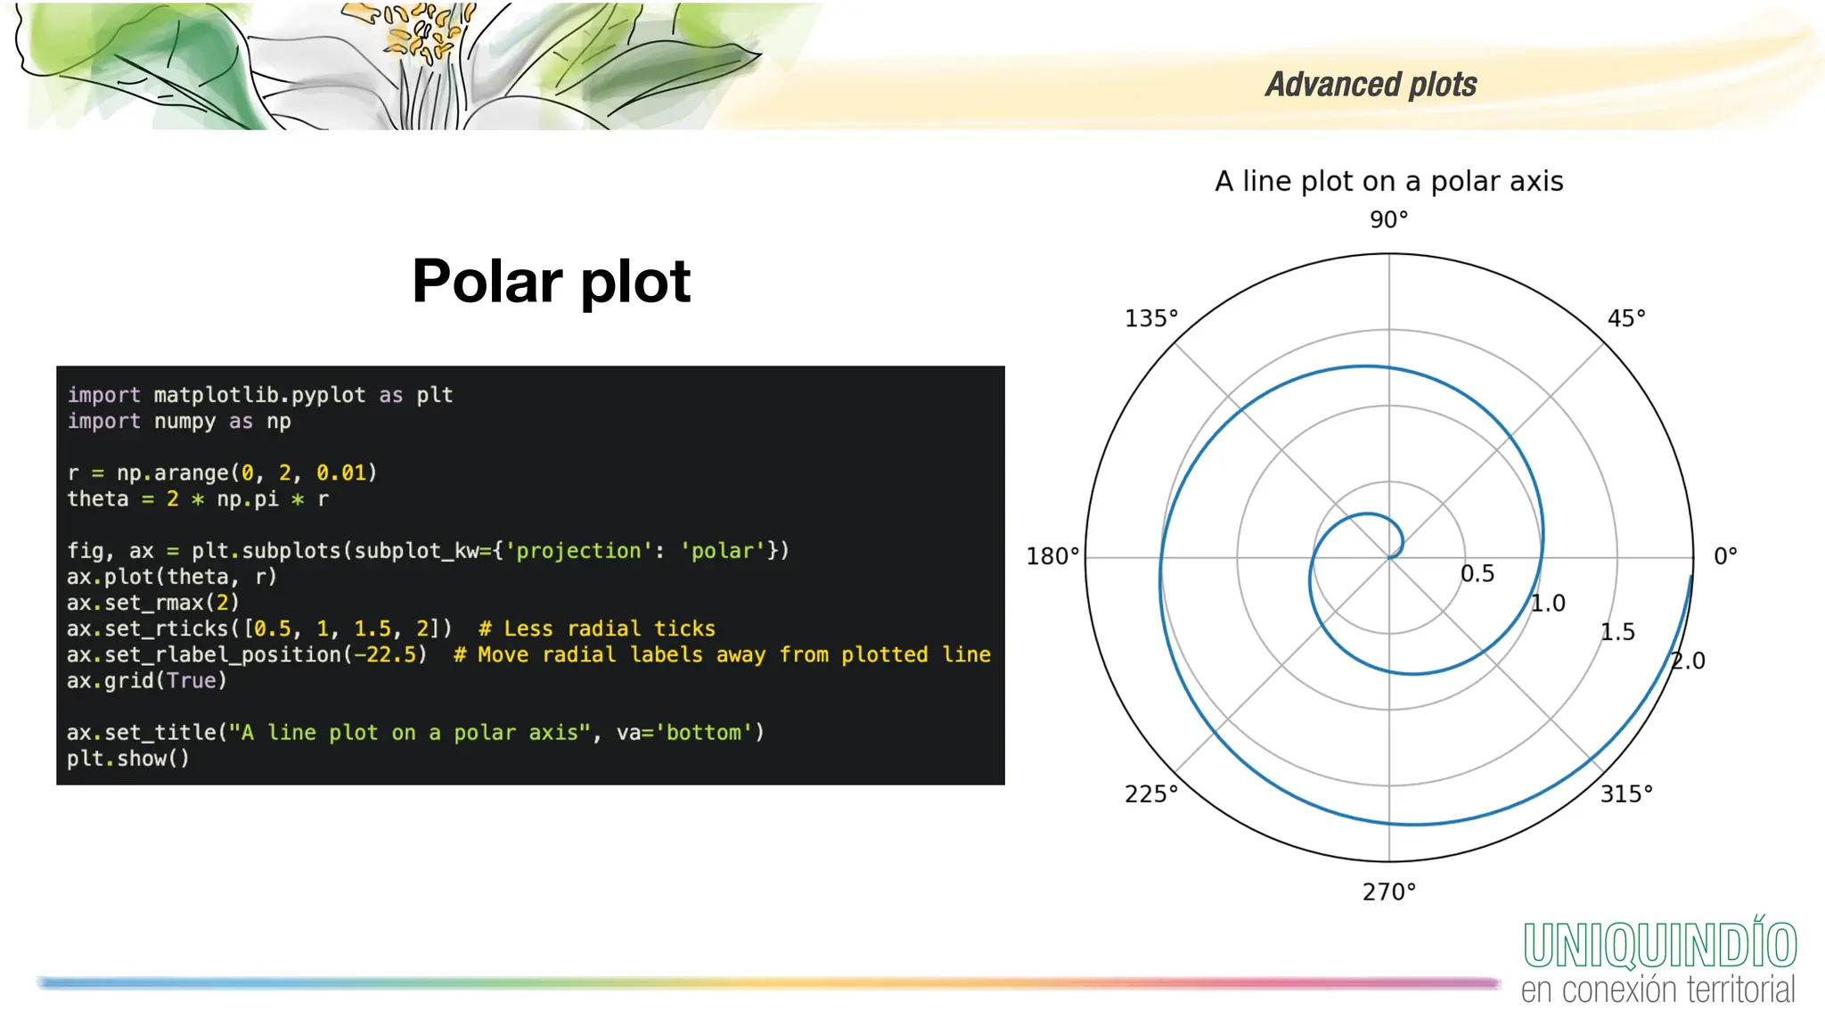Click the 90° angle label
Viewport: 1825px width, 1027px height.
coord(1388,219)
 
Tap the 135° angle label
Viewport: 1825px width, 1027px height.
coord(1150,318)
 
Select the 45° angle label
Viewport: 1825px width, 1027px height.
coord(1625,318)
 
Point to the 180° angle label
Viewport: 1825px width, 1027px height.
coord(1052,556)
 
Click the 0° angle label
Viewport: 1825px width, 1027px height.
coord(1725,556)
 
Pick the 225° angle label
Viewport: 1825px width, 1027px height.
coord(1150,793)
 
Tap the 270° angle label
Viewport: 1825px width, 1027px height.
coord(1388,891)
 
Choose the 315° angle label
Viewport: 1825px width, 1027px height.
coord(1625,793)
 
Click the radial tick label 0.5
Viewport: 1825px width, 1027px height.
coord(1477,574)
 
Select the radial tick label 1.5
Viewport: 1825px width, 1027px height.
coord(1616,632)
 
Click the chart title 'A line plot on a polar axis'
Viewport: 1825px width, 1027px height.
coord(1388,181)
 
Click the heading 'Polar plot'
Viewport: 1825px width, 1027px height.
coord(551,282)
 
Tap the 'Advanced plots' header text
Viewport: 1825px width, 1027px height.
coord(1371,85)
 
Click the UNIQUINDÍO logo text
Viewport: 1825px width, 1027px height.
coord(1659,946)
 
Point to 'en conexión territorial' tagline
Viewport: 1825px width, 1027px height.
coord(1657,990)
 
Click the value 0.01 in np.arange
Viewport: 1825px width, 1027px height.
coord(341,472)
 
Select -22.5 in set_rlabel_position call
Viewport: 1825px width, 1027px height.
coord(385,654)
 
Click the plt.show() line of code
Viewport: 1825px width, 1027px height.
coord(127,759)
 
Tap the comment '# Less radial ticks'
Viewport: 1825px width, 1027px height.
coord(596,629)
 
